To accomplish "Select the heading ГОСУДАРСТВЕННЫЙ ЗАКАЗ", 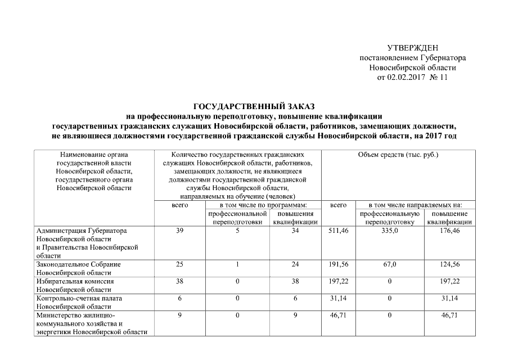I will [x=254, y=106].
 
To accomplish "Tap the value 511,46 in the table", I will [x=338, y=231].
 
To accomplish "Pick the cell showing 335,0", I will [x=390, y=231].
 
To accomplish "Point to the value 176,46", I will [x=449, y=231].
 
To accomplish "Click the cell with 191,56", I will [x=338, y=264].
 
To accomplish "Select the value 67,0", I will [x=390, y=264].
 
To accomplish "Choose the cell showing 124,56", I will [x=449, y=264].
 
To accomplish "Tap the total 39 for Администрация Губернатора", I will [x=179, y=231].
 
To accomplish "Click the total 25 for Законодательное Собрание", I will [x=179, y=264].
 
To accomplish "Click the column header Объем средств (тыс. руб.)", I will [x=398, y=154].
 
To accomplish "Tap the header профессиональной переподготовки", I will [x=237, y=218].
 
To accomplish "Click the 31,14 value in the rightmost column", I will [x=449, y=298].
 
